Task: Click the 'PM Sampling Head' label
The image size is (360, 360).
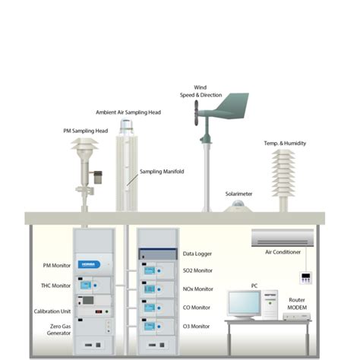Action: [x=85, y=131]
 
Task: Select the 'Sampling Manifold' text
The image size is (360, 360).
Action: [x=162, y=172]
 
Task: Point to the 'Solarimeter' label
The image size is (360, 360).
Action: [x=238, y=194]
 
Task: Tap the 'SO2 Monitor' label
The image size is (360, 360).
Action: [x=198, y=271]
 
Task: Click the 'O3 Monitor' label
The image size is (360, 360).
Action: [x=197, y=326]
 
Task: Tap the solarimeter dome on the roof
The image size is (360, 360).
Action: [x=238, y=203]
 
